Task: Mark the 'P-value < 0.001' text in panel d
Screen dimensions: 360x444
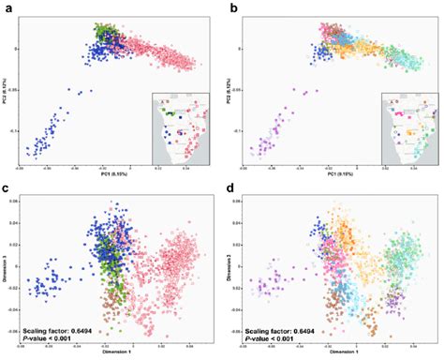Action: [273, 340]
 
